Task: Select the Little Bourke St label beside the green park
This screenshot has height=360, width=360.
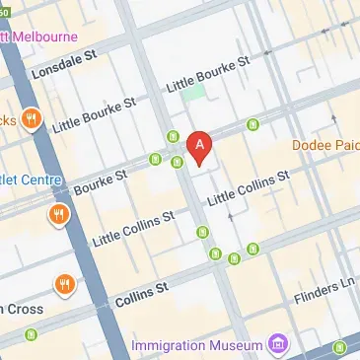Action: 210,75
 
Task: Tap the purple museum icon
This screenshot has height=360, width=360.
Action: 278,344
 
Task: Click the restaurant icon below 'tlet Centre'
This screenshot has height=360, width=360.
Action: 58,214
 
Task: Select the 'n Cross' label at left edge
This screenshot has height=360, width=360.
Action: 20,308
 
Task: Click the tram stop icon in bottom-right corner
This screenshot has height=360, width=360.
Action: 339,346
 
